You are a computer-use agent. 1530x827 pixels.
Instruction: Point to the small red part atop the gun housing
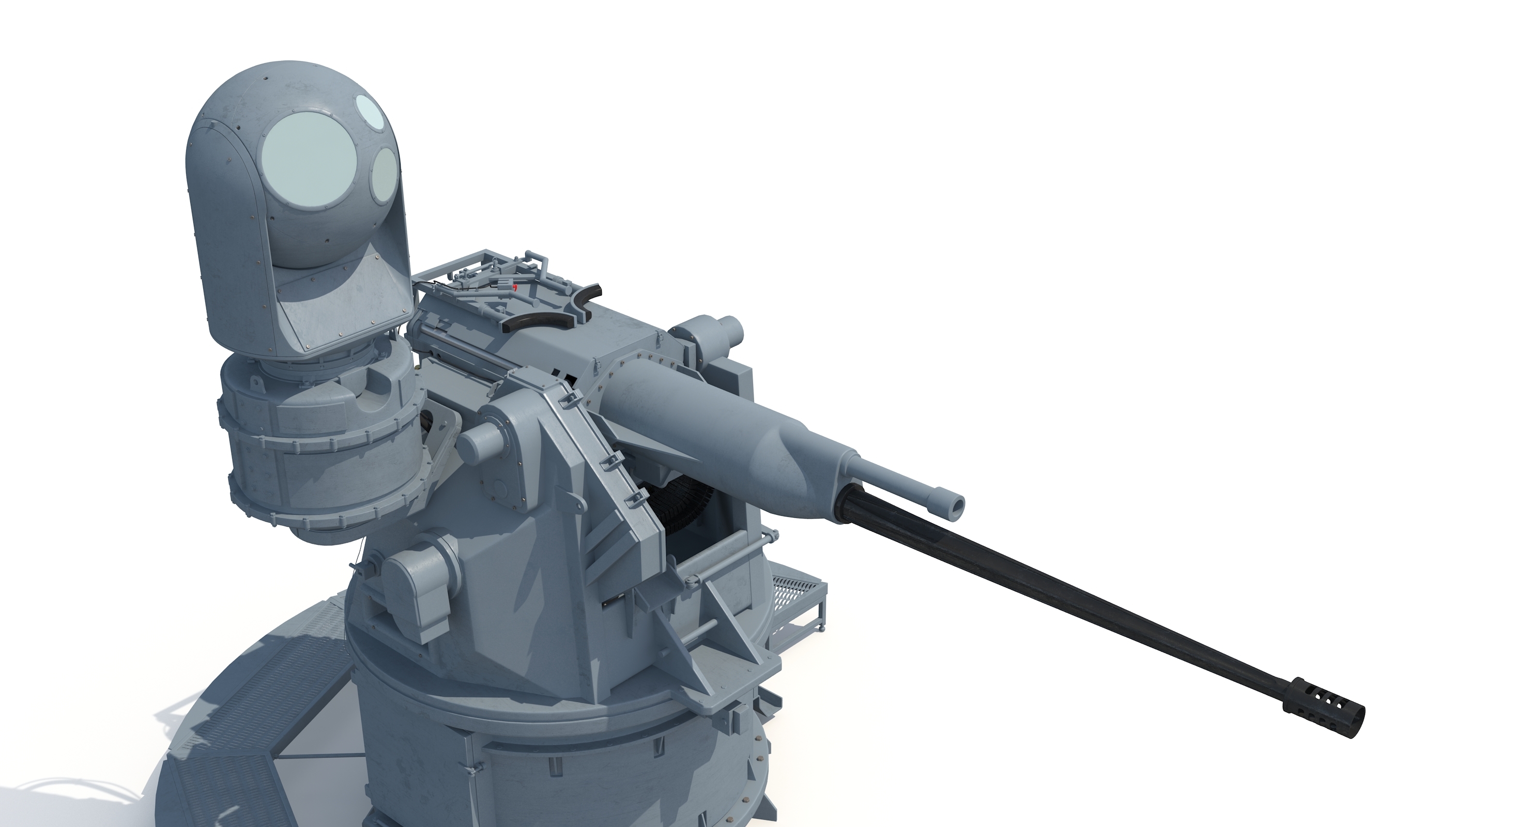[515, 287]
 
